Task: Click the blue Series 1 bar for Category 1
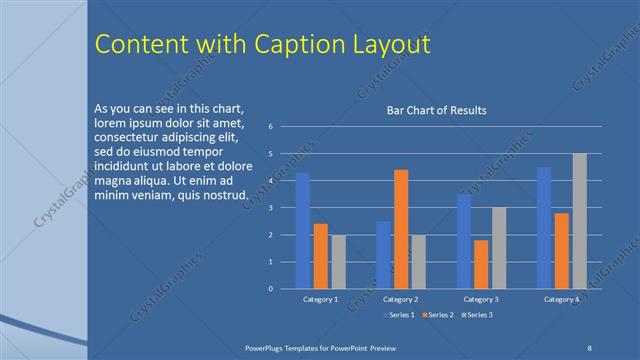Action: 302,230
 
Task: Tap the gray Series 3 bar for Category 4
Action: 580,221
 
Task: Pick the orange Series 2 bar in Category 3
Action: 481,264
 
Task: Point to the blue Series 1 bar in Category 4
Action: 544,228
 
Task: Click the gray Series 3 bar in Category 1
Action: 339,262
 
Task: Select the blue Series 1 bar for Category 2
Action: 383,255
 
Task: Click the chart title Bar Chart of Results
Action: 436,110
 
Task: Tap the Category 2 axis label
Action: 400,299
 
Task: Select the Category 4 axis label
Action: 561,299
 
